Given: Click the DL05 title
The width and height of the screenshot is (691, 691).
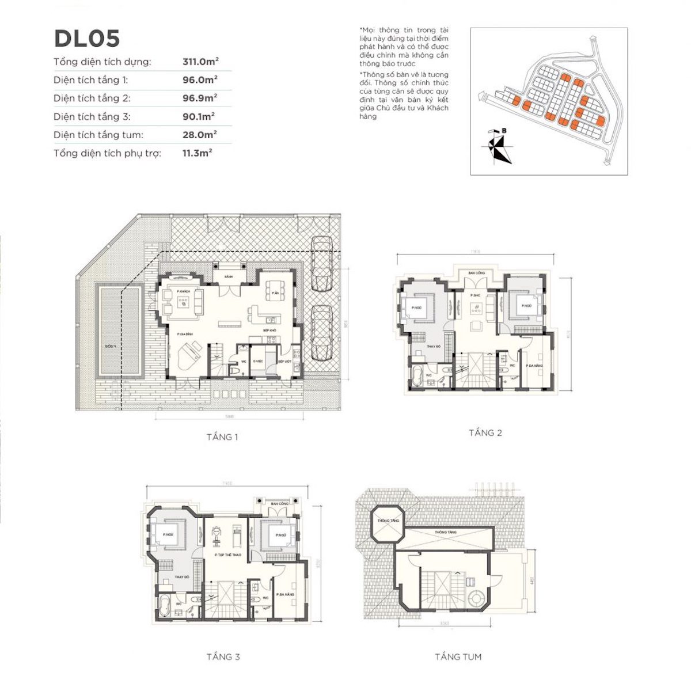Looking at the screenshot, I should [87, 39].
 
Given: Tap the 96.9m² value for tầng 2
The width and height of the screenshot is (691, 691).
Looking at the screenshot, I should [200, 98].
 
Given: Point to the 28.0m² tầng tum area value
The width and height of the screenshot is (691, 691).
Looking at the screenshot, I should [200, 135].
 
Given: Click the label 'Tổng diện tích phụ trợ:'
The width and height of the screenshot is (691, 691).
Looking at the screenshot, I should [108, 153].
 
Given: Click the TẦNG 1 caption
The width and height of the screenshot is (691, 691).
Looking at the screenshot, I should [222, 437].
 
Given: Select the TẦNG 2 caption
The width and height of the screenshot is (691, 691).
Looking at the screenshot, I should [485, 432].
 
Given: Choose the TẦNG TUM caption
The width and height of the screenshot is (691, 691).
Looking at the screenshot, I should [458, 656].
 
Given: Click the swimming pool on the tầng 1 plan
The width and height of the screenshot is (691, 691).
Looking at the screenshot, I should [120, 331].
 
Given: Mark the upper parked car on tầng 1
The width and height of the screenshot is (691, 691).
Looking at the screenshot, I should [321, 264].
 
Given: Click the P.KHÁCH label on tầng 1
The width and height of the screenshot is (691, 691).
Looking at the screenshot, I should [184, 292].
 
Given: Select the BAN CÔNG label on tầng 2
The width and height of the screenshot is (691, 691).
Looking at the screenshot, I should [476, 273].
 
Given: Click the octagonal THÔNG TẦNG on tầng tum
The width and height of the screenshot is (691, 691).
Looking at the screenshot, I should [388, 522].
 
